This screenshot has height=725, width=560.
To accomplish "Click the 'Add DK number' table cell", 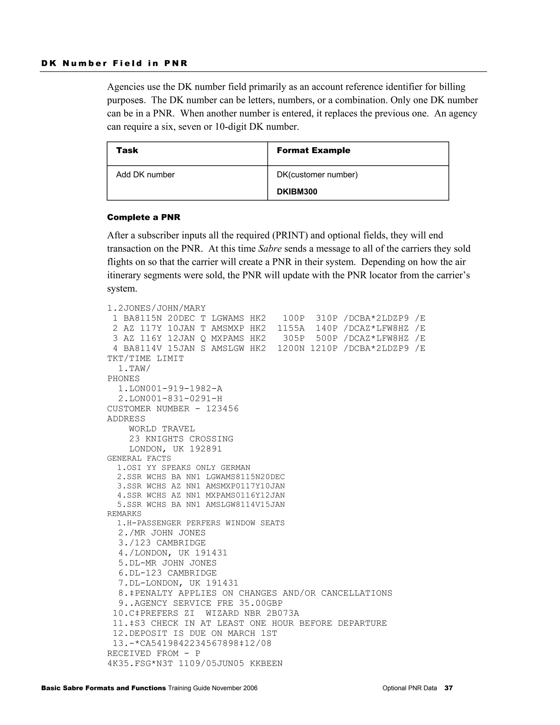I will click(145, 175).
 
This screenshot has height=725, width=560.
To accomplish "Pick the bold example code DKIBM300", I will click(297, 192).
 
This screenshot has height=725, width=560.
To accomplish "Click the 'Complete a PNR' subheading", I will click(143, 217).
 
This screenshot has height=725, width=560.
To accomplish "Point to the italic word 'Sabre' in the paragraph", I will click(269, 249).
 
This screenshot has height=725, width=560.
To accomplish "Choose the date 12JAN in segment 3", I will click(181, 338).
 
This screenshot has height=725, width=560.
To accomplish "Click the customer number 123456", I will click(222, 409).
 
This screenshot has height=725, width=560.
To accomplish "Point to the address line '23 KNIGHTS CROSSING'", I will click(181, 439).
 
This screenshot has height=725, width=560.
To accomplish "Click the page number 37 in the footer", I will click(448, 688).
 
